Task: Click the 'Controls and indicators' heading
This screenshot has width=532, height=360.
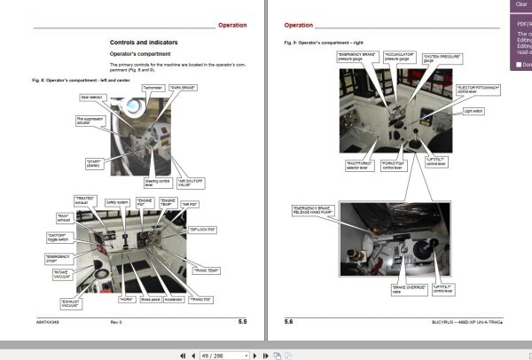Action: point(144,43)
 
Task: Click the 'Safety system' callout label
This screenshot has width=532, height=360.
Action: point(118,201)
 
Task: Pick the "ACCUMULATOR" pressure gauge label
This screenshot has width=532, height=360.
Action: point(397,57)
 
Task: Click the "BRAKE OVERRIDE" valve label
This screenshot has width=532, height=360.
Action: point(403,289)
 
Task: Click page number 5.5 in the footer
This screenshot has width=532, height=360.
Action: point(243,321)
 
